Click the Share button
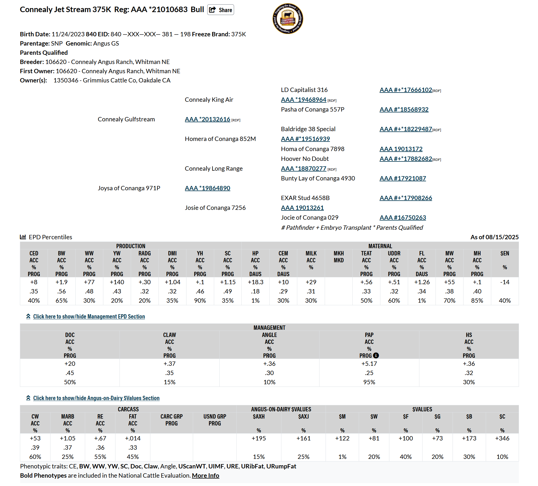[x=221, y=10]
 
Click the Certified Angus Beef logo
[x=288, y=19]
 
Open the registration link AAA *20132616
[x=208, y=119]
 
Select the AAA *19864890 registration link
[x=208, y=188]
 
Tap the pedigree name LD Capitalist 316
[x=304, y=90]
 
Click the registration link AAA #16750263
[x=403, y=218]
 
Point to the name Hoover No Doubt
[x=305, y=159]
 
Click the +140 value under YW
[x=117, y=282]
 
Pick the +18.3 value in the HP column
[x=255, y=282]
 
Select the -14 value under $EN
[x=505, y=282]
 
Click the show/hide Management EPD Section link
[x=89, y=317]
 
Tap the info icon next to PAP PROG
[x=376, y=356]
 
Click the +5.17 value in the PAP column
[x=369, y=364]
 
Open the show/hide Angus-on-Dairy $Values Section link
[x=96, y=398]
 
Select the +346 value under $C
[x=502, y=438]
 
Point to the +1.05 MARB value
[x=68, y=438]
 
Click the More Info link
[x=206, y=476]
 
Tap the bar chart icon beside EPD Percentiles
[x=23, y=237]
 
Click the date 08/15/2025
[x=502, y=237]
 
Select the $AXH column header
[x=259, y=417]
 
